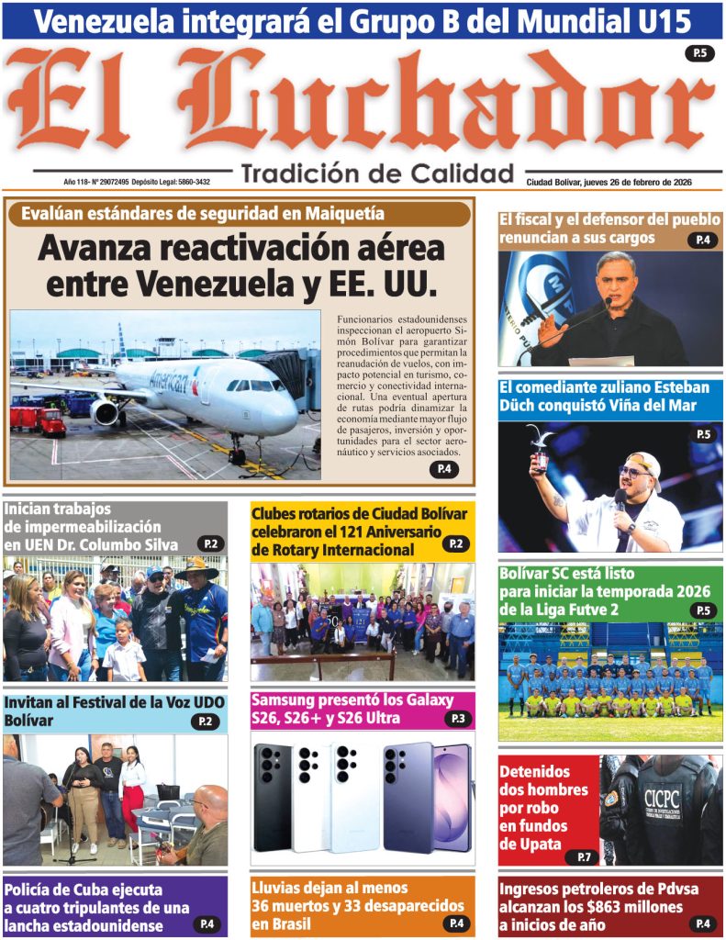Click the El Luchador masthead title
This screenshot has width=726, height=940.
pyautogui.click(x=363, y=103)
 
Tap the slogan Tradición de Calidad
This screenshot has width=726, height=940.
pyautogui.click(x=376, y=173)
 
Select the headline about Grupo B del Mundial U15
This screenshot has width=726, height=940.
pyautogui.click(x=362, y=20)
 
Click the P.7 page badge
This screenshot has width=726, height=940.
pyautogui.click(x=582, y=857)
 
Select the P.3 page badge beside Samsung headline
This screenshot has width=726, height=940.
pyautogui.click(x=456, y=720)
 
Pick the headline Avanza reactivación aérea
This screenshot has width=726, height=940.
pyautogui.click(x=240, y=265)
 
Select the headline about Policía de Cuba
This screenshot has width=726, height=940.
pyautogui.click(x=97, y=907)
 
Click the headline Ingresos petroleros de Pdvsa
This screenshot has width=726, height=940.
pyautogui.click(x=592, y=906)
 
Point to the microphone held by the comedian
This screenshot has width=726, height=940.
pyautogui.click(x=620, y=500)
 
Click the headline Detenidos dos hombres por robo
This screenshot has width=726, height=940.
pyautogui.click(x=544, y=808)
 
